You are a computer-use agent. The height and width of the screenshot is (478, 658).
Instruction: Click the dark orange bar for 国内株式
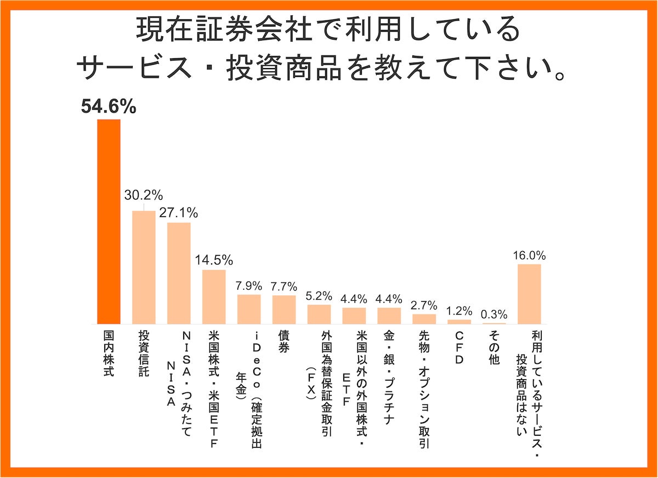click(109, 222)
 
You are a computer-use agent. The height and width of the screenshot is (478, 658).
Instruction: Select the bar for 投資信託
click(144, 267)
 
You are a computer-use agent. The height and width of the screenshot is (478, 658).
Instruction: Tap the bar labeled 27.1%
click(179, 273)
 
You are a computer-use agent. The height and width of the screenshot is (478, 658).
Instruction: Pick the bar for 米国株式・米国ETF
click(214, 296)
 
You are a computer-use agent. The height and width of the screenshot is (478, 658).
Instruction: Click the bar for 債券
click(284, 310)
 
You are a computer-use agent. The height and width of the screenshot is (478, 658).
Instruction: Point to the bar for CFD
click(460, 322)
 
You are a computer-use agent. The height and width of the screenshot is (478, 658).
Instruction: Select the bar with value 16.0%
click(530, 294)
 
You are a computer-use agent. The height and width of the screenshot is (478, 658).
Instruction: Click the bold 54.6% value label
click(109, 107)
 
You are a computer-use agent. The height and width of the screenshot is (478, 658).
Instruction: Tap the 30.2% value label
click(144, 195)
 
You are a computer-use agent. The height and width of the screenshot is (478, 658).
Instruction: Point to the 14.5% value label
click(214, 259)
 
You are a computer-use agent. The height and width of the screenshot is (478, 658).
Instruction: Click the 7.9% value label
click(249, 285)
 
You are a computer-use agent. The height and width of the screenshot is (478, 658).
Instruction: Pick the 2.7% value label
click(424, 305)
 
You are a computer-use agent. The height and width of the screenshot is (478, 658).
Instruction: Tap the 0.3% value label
click(495, 314)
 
